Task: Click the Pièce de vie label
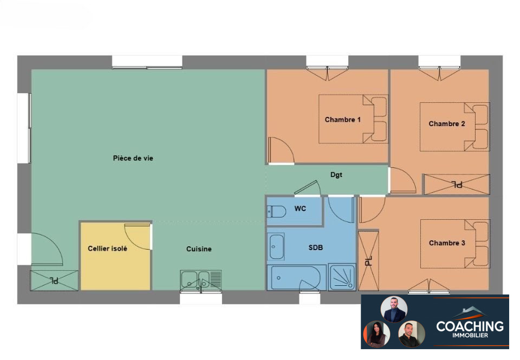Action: pyautogui.click(x=133, y=158)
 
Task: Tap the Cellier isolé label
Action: pyautogui.click(x=107, y=248)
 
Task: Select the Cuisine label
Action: pyautogui.click(x=199, y=249)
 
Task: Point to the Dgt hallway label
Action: pyautogui.click(x=336, y=175)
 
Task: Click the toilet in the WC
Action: pyautogui.click(x=277, y=211)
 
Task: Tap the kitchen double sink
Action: pyautogui.click(x=201, y=280)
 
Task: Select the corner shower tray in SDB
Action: pyautogui.click(x=342, y=277)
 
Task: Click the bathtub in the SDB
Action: pyautogui.click(x=294, y=278)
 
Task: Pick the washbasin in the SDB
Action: pyautogui.click(x=276, y=247)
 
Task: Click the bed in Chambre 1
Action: pyautogui.click(x=353, y=119)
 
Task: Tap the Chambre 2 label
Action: pyautogui.click(x=447, y=123)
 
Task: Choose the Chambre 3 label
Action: pyautogui.click(x=447, y=243)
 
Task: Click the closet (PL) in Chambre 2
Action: pyautogui.click(x=457, y=184)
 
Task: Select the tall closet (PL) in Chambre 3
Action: pyautogui.click(x=368, y=261)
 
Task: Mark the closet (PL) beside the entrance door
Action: pyautogui.click(x=54, y=280)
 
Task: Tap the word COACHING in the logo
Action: pyautogui.click(x=470, y=326)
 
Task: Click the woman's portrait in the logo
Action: pyautogui.click(x=377, y=334)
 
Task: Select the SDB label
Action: pyautogui.click(x=315, y=247)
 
